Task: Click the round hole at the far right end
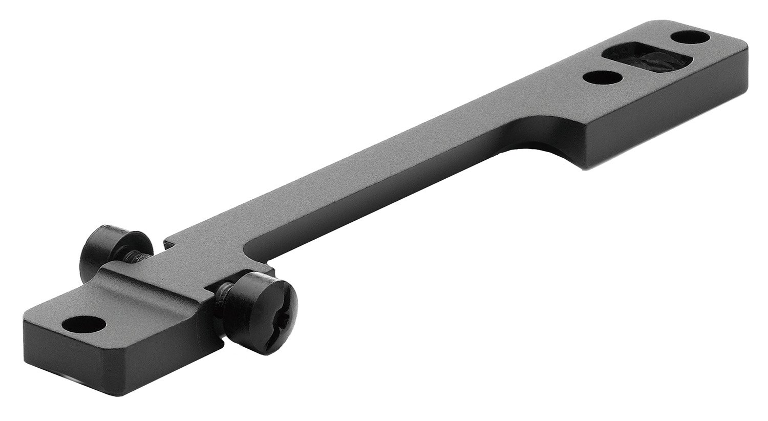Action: pyautogui.click(x=690, y=37)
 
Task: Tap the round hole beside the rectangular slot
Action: pyautogui.click(x=603, y=78)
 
